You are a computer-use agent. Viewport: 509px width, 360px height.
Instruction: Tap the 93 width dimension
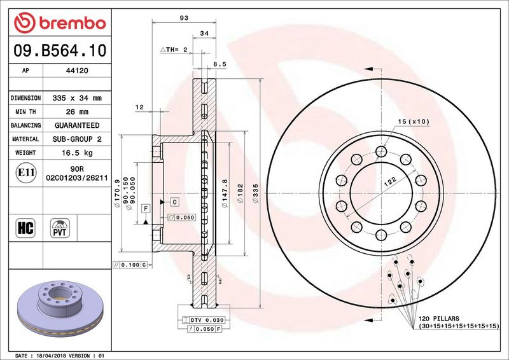tap(185, 18)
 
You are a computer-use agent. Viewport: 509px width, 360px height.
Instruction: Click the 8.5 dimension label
tap(220, 64)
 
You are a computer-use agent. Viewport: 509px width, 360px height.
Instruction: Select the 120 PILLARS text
tap(437, 317)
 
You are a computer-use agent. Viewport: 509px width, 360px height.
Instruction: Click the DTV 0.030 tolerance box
tap(204, 319)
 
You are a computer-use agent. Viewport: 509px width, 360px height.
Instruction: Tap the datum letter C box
tap(174, 202)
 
